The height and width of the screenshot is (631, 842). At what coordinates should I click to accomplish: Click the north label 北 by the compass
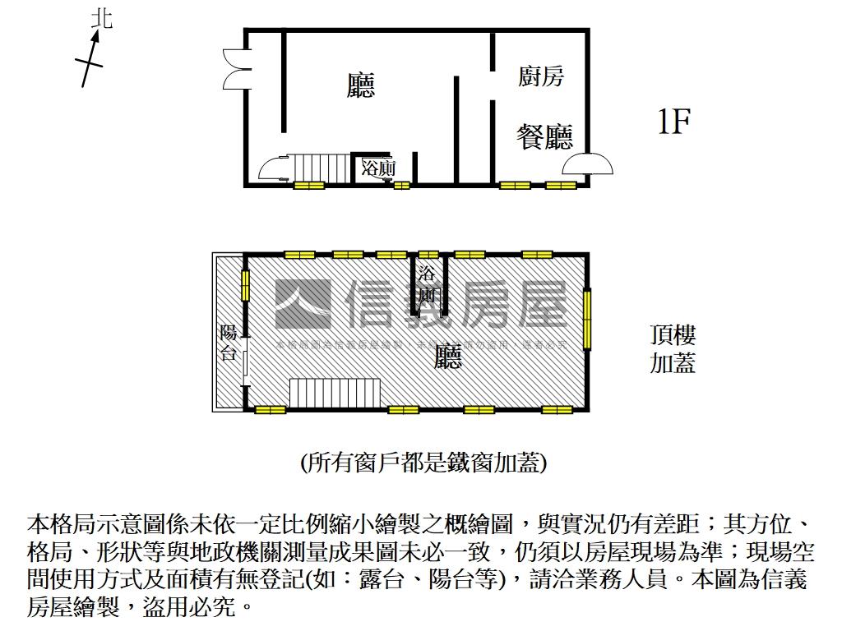point(102,18)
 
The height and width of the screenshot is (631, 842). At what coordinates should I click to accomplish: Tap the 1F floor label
point(673,122)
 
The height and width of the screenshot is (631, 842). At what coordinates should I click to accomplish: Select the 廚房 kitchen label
point(541,77)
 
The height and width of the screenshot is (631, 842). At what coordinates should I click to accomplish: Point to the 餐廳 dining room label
point(544,136)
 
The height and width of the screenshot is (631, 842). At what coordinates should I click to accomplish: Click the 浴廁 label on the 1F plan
point(379,168)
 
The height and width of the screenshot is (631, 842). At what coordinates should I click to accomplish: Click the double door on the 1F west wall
point(234,68)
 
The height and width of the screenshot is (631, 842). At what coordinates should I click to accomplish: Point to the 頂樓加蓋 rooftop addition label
point(673,349)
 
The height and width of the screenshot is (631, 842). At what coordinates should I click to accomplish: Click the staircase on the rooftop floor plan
point(334,392)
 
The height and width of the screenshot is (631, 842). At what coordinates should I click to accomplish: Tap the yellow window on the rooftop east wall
point(587,319)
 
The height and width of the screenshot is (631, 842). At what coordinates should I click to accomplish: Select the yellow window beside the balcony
point(245,284)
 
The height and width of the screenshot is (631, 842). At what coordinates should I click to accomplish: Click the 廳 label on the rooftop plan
point(448,356)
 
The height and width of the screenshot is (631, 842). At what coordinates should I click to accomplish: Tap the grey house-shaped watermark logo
point(303,303)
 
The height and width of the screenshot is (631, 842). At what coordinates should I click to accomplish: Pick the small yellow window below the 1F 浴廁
point(401,186)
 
